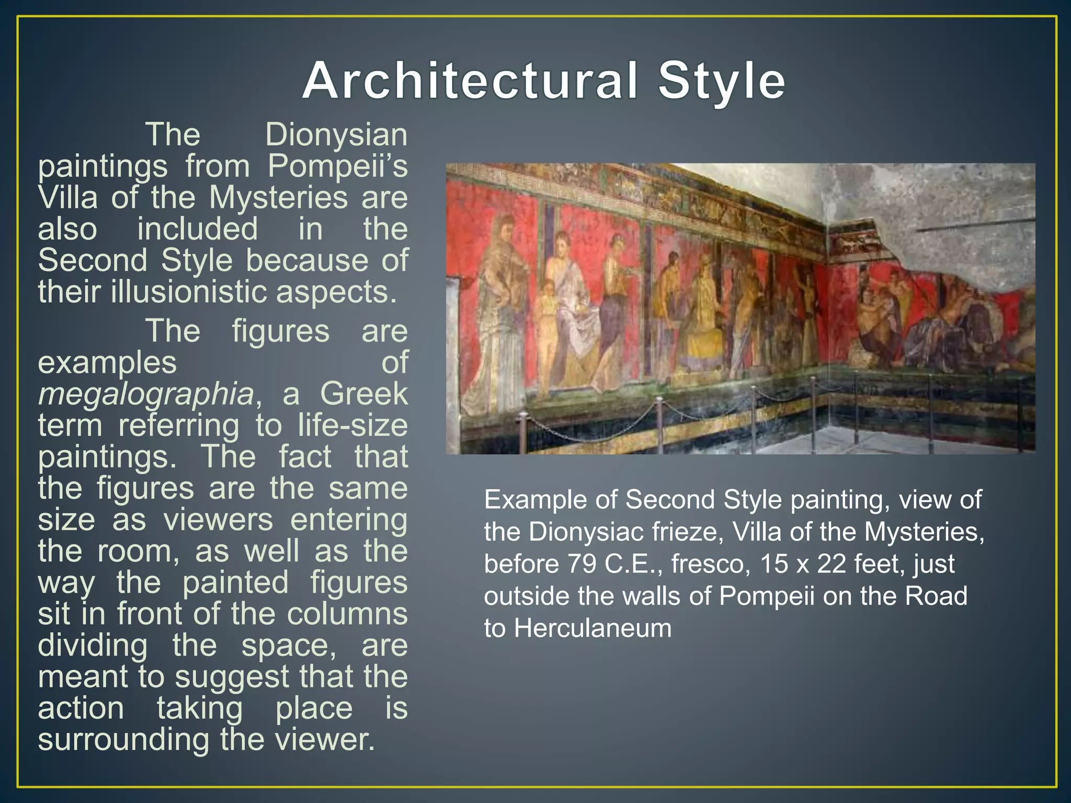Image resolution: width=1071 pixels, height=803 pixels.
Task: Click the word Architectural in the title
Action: coord(470,81)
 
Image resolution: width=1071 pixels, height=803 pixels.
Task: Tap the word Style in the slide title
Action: coord(721,81)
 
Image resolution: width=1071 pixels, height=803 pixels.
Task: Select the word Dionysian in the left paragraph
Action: coord(336,135)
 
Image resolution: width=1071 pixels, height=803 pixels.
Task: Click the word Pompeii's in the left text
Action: coord(337,166)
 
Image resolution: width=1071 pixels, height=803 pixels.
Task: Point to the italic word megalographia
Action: coord(146,394)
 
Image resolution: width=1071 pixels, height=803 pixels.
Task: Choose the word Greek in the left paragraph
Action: coord(363,394)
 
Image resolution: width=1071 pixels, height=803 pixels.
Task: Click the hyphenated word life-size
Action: coord(352,425)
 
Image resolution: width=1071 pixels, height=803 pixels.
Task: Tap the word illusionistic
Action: coord(190,292)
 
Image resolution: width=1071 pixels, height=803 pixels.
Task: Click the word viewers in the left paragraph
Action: coord(218,520)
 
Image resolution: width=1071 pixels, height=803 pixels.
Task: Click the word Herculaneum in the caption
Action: coord(593,628)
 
